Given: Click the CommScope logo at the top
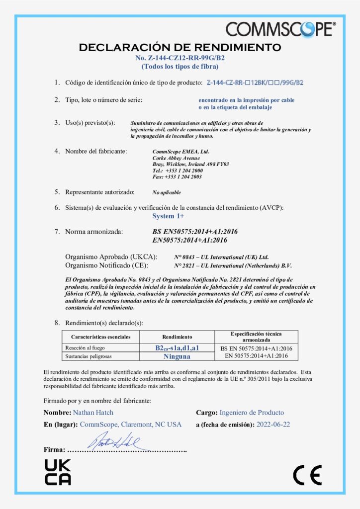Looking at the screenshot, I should click(280, 29).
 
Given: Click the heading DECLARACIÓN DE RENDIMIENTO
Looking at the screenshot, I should click(180, 48).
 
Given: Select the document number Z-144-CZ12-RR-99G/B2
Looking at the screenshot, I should click(180, 58).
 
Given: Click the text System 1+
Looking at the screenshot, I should click(168, 216).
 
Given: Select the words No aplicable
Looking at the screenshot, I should click(167, 192).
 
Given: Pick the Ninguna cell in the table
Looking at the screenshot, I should click(177, 356).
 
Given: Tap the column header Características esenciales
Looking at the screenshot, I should click(101, 337).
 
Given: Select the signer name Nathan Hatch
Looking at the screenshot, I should click(93, 413).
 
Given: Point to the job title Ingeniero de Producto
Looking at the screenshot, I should click(252, 413).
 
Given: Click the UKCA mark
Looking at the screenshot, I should click(58, 472).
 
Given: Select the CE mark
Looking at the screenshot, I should click(307, 475).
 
